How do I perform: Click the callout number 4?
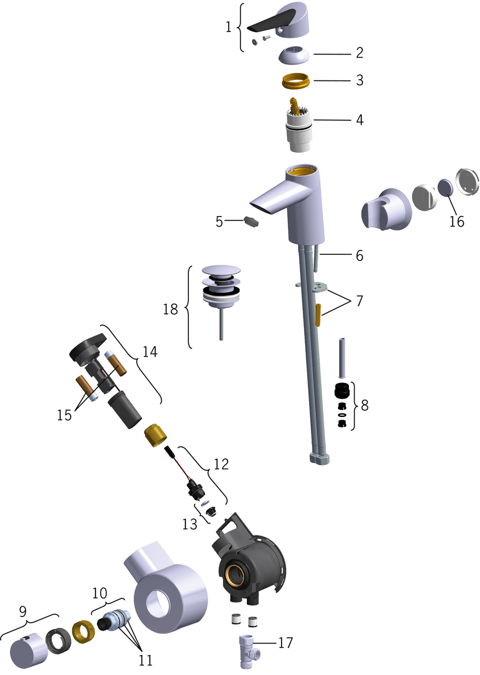pos(360,120)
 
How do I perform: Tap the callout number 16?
pos(457,222)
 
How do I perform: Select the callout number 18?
pos(170,309)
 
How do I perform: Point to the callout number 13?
pos(190,524)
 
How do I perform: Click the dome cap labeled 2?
pos(294,55)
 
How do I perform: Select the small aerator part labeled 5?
pos(251,222)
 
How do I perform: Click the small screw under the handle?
pos(266,38)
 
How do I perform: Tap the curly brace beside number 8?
pos(354,406)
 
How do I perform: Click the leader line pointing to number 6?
pos(335,255)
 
